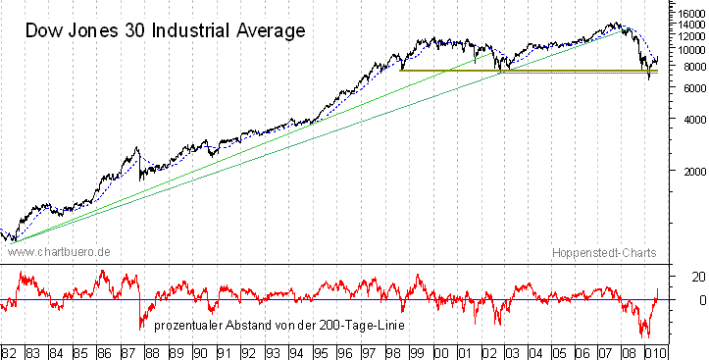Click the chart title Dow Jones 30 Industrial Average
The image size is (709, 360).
coord(166,31)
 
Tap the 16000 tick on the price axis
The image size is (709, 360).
coord(691,13)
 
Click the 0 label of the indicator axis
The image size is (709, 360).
coord(702,300)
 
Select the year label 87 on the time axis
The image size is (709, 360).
coord(127,353)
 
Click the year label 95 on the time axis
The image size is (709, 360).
coord(321,353)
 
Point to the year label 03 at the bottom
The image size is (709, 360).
coord(512,353)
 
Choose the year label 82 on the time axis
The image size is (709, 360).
coord(9,353)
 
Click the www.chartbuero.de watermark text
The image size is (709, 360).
coord(59,252)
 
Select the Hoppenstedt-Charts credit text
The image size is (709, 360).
coord(604,253)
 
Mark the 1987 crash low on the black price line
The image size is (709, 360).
coord(140,180)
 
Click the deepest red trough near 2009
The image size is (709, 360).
coord(648,336)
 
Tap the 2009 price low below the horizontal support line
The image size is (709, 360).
coord(649,79)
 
